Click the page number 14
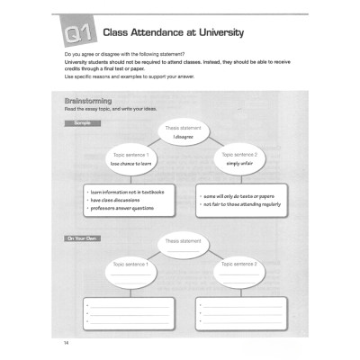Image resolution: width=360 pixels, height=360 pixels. click(x=67, y=343)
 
